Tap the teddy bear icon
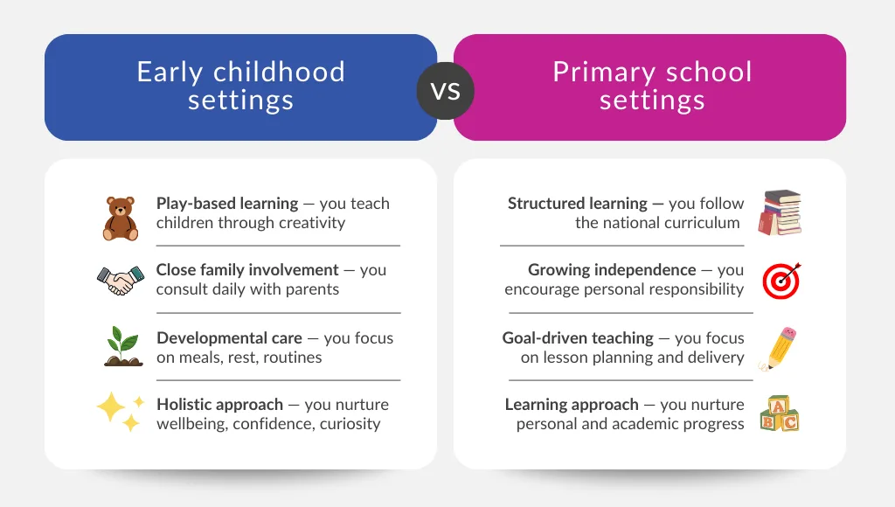coord(121,218)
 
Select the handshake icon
coord(120,280)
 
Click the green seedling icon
coord(121,346)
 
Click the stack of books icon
coord(780,212)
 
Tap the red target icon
coord(781,280)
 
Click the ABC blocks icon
coord(779,413)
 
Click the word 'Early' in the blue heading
coord(170,72)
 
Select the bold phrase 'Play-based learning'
coord(227,204)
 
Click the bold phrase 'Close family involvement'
coord(247,270)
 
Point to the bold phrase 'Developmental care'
coord(229,338)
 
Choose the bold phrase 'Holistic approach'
coord(219,405)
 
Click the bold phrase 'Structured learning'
coord(578,204)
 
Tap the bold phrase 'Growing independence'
coord(612,270)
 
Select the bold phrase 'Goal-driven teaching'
coord(578,338)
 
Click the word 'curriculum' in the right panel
coord(702,223)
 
